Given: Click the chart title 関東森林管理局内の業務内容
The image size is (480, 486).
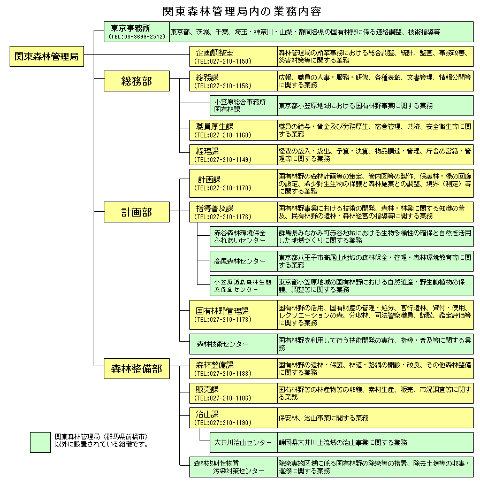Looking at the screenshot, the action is click(x=242, y=11).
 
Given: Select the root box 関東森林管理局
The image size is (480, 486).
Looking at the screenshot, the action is click(x=47, y=57).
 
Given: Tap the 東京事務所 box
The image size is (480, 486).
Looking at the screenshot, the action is click(x=136, y=32).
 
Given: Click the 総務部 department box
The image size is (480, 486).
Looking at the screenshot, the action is click(x=136, y=81).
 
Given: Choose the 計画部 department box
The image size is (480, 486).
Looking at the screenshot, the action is click(x=136, y=212).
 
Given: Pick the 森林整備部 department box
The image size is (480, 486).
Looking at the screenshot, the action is click(x=136, y=368).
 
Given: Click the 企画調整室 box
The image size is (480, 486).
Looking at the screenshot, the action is click(x=234, y=57).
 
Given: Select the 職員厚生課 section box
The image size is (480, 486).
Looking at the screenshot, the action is click(x=234, y=130).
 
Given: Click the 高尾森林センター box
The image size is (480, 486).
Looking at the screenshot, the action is click(x=243, y=261).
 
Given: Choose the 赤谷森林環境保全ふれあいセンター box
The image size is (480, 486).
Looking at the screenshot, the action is click(x=243, y=237).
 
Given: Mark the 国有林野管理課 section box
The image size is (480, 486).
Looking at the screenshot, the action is click(x=234, y=315).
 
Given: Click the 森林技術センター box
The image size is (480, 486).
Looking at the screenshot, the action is click(x=234, y=344).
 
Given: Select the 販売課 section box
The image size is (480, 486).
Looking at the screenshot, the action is click(x=234, y=394).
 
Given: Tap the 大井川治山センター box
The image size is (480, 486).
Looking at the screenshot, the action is click(x=243, y=442).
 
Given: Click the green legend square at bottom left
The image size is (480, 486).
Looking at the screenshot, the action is click(x=40, y=442).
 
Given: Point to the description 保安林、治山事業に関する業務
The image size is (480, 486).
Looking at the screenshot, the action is click(x=323, y=418).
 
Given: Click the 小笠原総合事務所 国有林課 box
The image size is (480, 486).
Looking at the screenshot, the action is click(x=243, y=106).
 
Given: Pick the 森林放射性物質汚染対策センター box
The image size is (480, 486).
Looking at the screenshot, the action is click(x=234, y=467).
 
